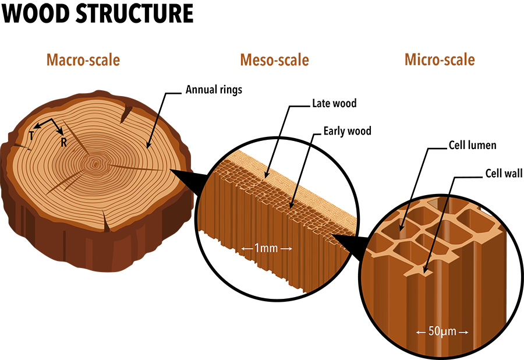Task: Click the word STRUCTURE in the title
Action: (x=136, y=13)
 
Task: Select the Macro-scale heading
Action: (x=83, y=59)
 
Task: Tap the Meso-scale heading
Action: (x=274, y=59)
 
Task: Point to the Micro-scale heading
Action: (x=440, y=59)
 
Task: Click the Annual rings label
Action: (x=214, y=90)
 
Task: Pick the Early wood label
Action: (x=348, y=131)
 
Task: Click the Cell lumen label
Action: (x=472, y=144)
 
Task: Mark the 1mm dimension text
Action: (x=266, y=248)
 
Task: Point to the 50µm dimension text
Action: (x=442, y=331)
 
